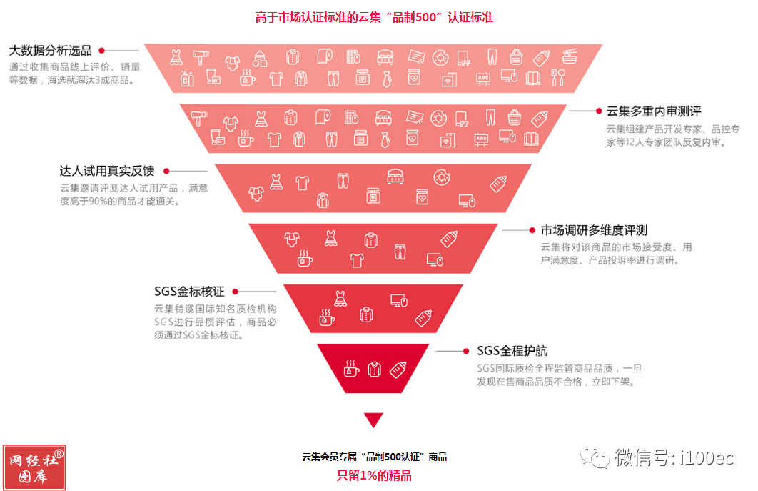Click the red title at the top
coord(374,17)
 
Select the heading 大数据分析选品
coord(50,50)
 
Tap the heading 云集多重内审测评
coord(654,111)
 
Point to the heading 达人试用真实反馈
coord(107,171)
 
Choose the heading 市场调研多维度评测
coord(594,230)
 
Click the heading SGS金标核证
coord(189,292)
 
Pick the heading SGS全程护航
coord(512,351)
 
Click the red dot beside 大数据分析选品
coord(101,50)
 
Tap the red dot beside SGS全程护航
coord(466,351)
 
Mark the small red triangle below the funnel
coord(374,418)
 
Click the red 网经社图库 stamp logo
coord(34,467)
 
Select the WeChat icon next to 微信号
coord(595,457)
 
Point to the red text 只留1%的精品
coord(374,475)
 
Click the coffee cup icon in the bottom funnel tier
coord(351,369)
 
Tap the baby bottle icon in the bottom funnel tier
coord(398,370)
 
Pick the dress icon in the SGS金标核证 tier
coord(340,299)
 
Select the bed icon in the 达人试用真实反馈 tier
coord(395,177)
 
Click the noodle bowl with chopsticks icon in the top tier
coord(570,56)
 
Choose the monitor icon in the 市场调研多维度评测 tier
coord(435,260)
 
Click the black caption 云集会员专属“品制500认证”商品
coord(374,457)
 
